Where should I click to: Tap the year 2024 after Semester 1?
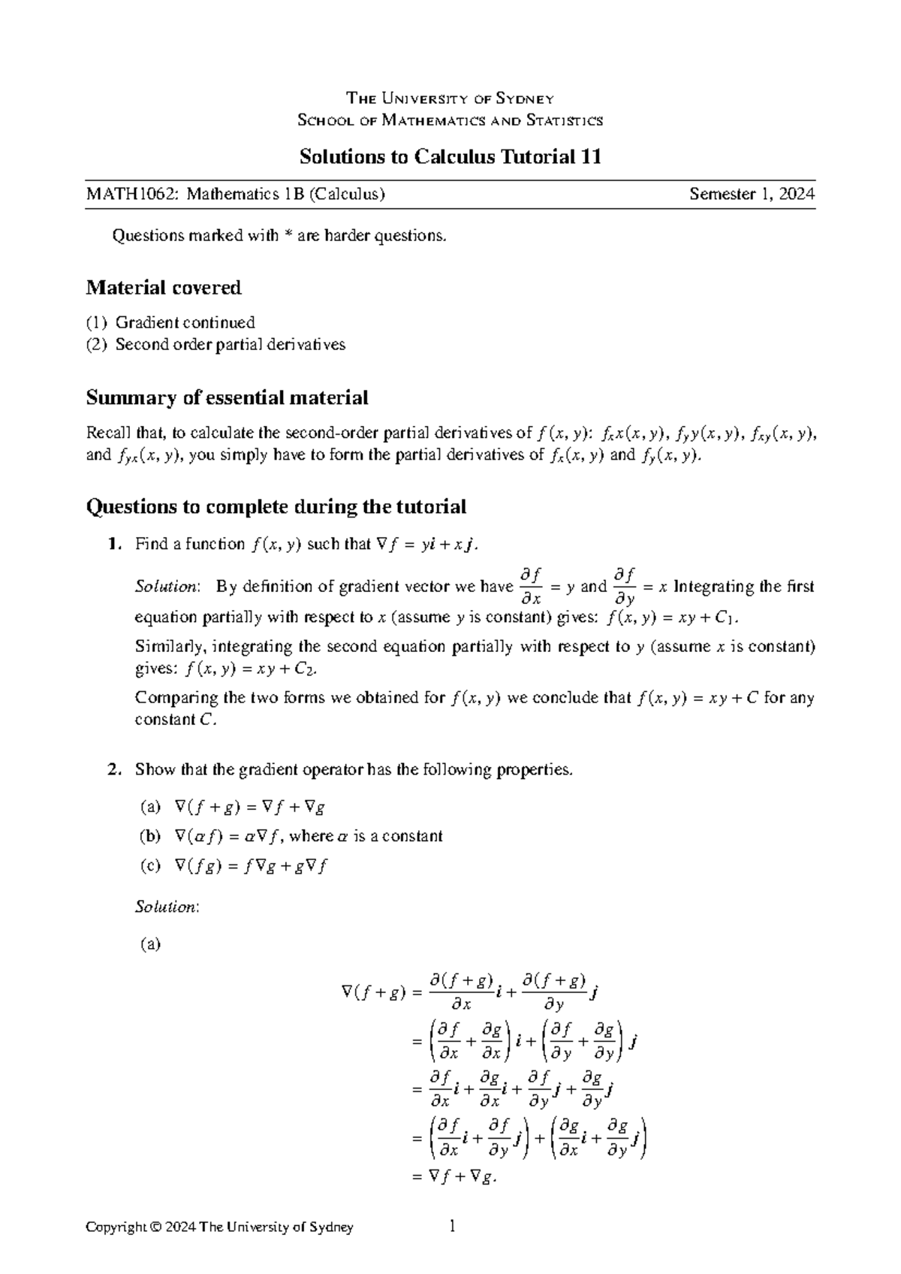[x=796, y=195]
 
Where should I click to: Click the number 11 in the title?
[x=591, y=157]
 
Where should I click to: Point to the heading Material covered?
[x=164, y=288]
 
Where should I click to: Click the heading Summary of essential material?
[x=227, y=397]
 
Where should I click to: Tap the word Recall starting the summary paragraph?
[x=108, y=433]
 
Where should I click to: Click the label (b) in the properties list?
[x=150, y=836]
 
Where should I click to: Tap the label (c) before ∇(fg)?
[x=150, y=866]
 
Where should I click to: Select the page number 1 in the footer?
[x=451, y=1227]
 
